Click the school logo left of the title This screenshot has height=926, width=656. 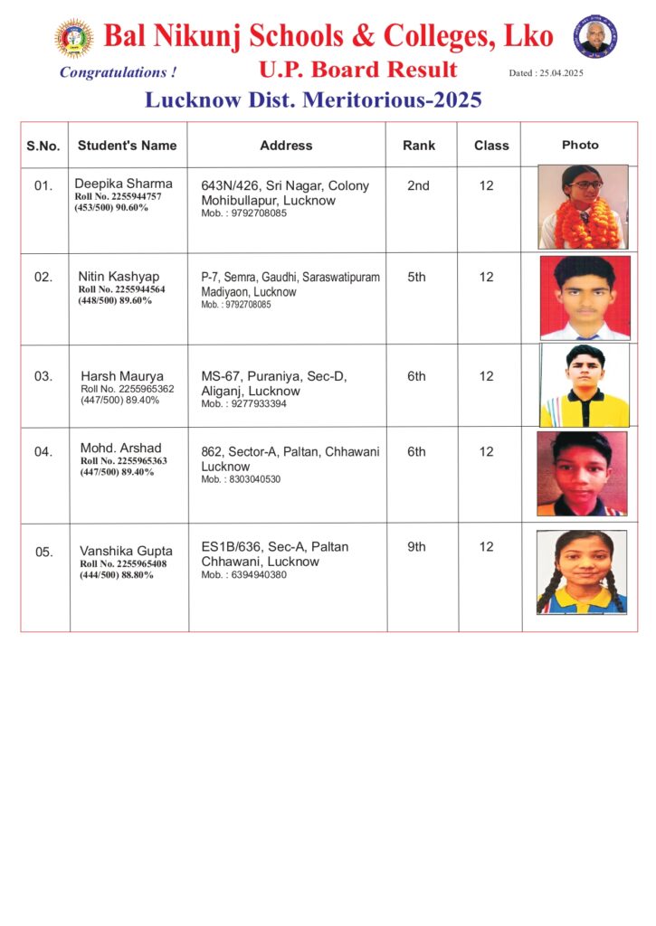(73, 38)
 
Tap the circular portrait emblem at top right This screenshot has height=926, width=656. (594, 36)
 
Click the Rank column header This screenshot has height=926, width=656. (419, 145)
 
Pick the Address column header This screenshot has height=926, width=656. (286, 145)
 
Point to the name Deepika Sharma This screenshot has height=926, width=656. (123, 184)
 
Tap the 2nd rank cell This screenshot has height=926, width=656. (418, 185)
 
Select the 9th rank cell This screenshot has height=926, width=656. (416, 547)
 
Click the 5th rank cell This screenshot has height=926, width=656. (416, 278)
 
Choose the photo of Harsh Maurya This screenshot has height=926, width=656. (585, 385)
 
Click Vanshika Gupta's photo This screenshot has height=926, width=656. (582, 572)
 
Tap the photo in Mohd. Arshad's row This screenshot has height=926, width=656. (582, 473)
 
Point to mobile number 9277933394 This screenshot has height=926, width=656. (243, 404)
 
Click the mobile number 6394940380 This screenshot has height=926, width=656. (243, 575)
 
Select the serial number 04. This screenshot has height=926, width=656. (43, 452)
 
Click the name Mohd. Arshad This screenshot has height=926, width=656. (120, 449)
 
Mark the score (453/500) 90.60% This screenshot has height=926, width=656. (111, 208)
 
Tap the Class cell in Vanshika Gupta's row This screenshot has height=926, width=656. (487, 547)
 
